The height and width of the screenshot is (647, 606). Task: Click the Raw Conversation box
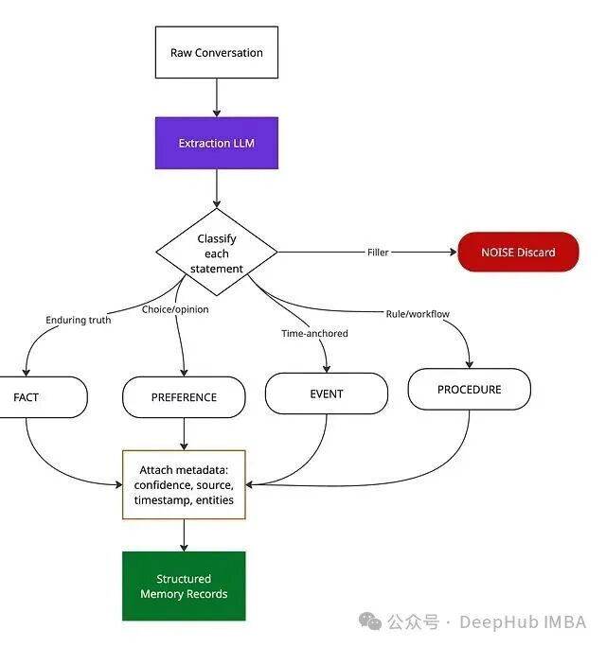point(217,53)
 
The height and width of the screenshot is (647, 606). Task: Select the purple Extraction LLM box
point(217,144)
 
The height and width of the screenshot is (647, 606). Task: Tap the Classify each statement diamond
point(217,254)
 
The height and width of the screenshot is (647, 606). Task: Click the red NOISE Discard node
point(518,253)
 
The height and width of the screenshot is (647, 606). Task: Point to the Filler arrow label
point(378,253)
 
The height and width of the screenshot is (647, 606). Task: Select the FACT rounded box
point(38,397)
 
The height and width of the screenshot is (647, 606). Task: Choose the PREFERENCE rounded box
point(184,397)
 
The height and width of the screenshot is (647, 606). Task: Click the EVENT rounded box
point(327,393)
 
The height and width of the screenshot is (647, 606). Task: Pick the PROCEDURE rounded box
point(470,390)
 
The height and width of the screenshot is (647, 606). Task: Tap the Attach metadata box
point(184,484)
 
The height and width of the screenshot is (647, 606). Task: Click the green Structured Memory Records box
point(184,586)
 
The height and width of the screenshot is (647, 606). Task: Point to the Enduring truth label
point(79,321)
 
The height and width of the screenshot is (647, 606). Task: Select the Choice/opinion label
point(175,309)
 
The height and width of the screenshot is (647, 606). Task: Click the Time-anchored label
point(314,334)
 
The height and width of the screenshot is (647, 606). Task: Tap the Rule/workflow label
point(418,314)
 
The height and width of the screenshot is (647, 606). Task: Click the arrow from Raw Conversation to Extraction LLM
point(217,97)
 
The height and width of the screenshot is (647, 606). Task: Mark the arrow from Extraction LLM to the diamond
point(217,189)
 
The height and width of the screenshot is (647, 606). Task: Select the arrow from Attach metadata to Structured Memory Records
point(184,535)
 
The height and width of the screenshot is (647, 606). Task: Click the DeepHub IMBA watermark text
point(523,622)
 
